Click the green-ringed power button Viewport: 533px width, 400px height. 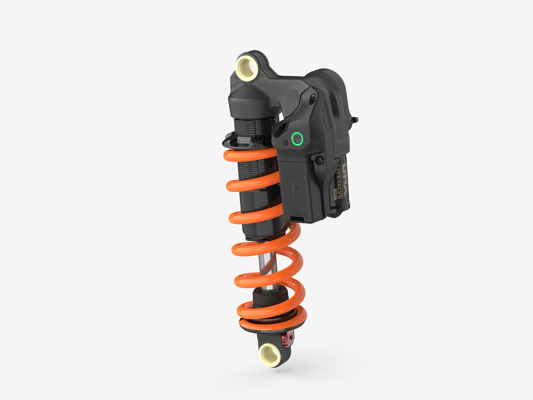[x=297, y=139]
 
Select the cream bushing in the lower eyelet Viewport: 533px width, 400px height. [x=270, y=354]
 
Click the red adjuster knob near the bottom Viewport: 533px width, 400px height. [x=287, y=337]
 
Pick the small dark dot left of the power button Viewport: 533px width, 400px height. [x=286, y=142]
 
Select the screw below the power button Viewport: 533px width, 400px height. [x=320, y=160]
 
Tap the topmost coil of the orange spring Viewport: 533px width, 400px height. [x=251, y=155]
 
